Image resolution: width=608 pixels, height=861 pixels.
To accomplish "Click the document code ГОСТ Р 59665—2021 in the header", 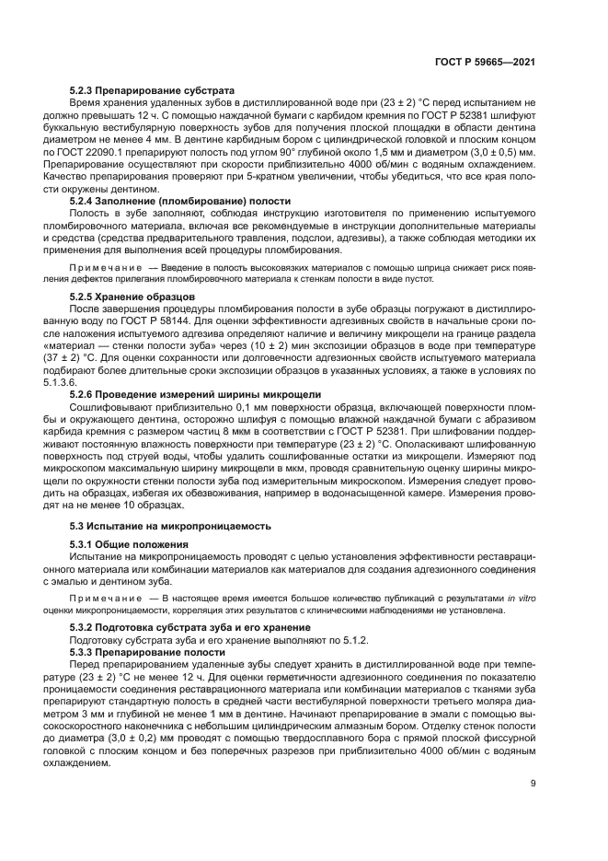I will click(486, 62).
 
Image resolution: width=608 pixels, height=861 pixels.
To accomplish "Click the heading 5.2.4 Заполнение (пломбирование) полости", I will click(180, 201).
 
